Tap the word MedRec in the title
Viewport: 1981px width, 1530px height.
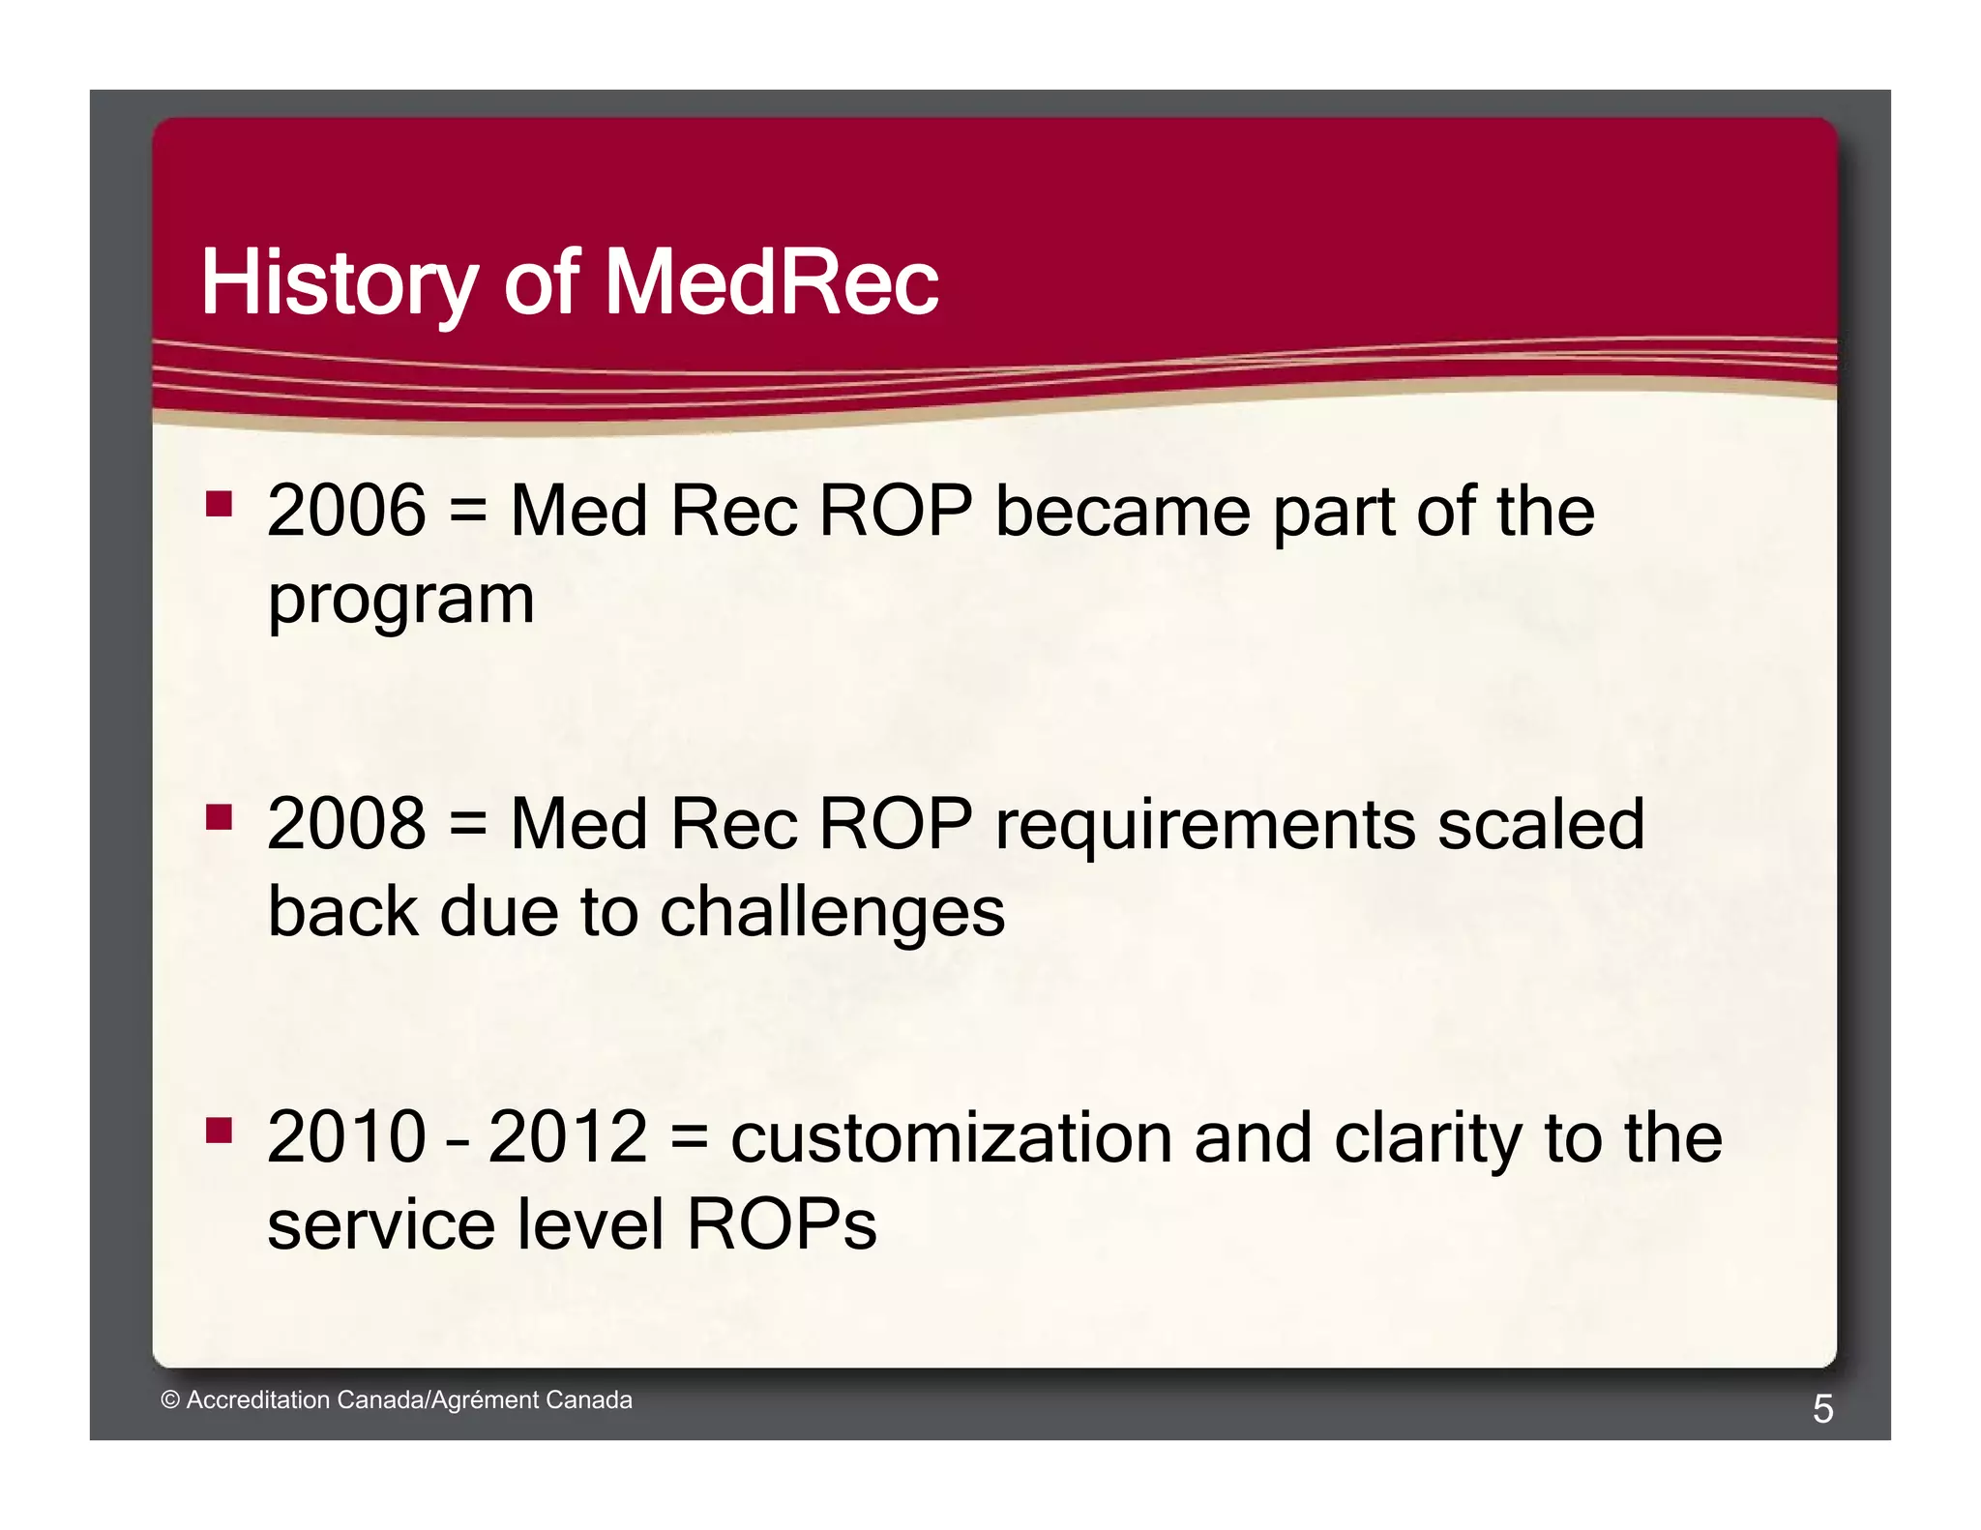coord(771,282)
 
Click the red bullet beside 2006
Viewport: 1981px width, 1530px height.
coord(220,504)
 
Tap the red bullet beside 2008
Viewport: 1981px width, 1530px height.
coord(220,817)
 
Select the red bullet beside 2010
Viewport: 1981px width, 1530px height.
coord(220,1130)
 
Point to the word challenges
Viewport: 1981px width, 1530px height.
coord(832,912)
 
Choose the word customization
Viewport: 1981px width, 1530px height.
coord(949,1137)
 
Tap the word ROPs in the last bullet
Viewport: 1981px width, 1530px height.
coord(781,1224)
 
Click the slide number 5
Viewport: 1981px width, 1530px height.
coord(1822,1409)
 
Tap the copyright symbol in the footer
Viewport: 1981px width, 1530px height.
coord(170,1400)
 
